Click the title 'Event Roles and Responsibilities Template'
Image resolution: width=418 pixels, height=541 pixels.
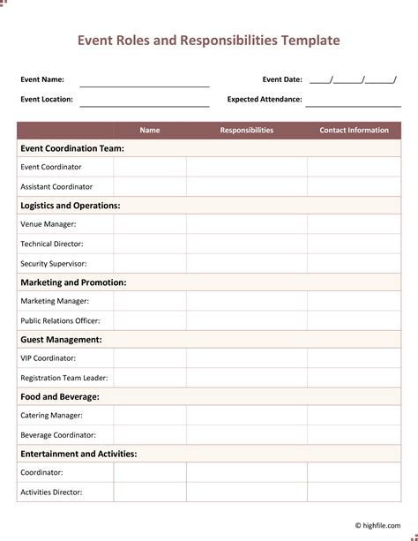[208, 41]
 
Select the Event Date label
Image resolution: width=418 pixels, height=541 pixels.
[282, 79]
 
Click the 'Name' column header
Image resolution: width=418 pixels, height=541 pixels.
[150, 131]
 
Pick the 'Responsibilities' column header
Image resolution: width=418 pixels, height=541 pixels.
[247, 131]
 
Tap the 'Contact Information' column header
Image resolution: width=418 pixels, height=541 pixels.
[354, 131]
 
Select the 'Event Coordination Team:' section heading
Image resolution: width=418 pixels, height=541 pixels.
[72, 148]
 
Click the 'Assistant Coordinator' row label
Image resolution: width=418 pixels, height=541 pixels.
[56, 186]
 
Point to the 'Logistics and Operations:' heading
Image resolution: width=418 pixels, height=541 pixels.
[71, 206]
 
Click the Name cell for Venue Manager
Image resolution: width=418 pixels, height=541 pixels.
[150, 224]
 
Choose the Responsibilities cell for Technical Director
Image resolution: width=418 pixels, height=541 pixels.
[247, 244]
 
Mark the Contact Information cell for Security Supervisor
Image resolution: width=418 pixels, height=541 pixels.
[354, 263]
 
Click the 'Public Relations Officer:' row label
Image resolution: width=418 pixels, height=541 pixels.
[60, 320]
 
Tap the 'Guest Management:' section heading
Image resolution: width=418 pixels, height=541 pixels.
[61, 339]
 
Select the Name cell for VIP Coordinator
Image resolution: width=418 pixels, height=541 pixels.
[150, 358]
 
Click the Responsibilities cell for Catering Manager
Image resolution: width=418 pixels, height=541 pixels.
[247, 415]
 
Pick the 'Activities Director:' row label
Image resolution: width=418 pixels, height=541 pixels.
[51, 492]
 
